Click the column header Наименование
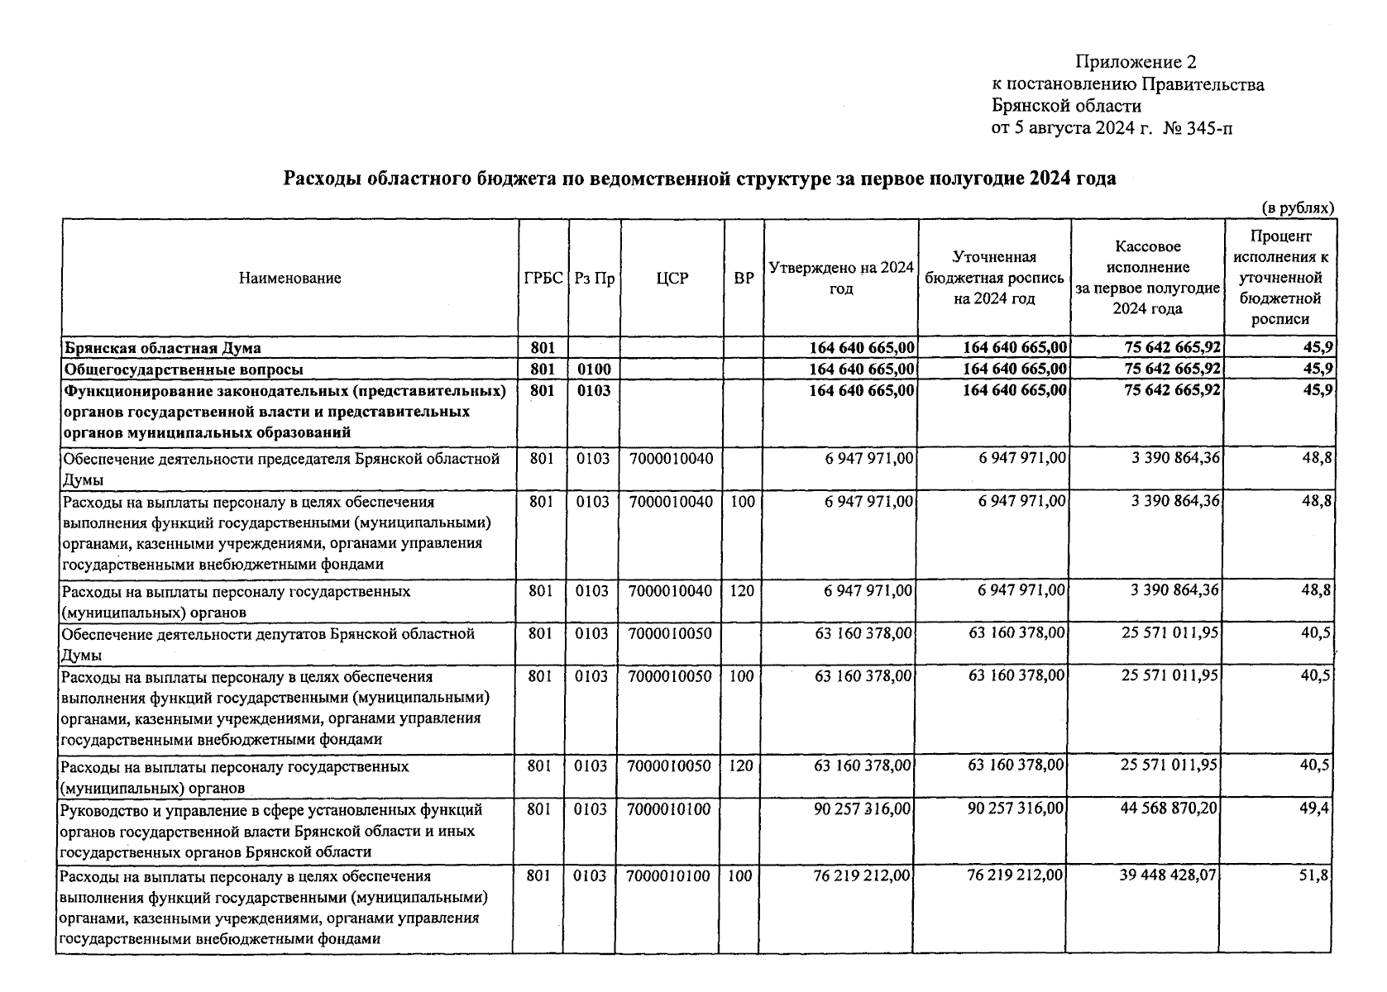coord(289,279)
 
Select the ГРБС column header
coord(543,279)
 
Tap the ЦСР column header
coord(672,279)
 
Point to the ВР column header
coord(744,279)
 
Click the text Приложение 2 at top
coord(1136,62)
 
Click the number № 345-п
coord(1198,128)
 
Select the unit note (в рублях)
coord(1297,208)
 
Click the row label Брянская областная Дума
coord(163,347)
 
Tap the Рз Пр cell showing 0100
coord(593,369)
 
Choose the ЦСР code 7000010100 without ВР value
coord(669,809)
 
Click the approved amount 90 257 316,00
coord(863,809)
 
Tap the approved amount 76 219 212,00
coord(863,875)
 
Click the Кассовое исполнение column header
coord(1147,277)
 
